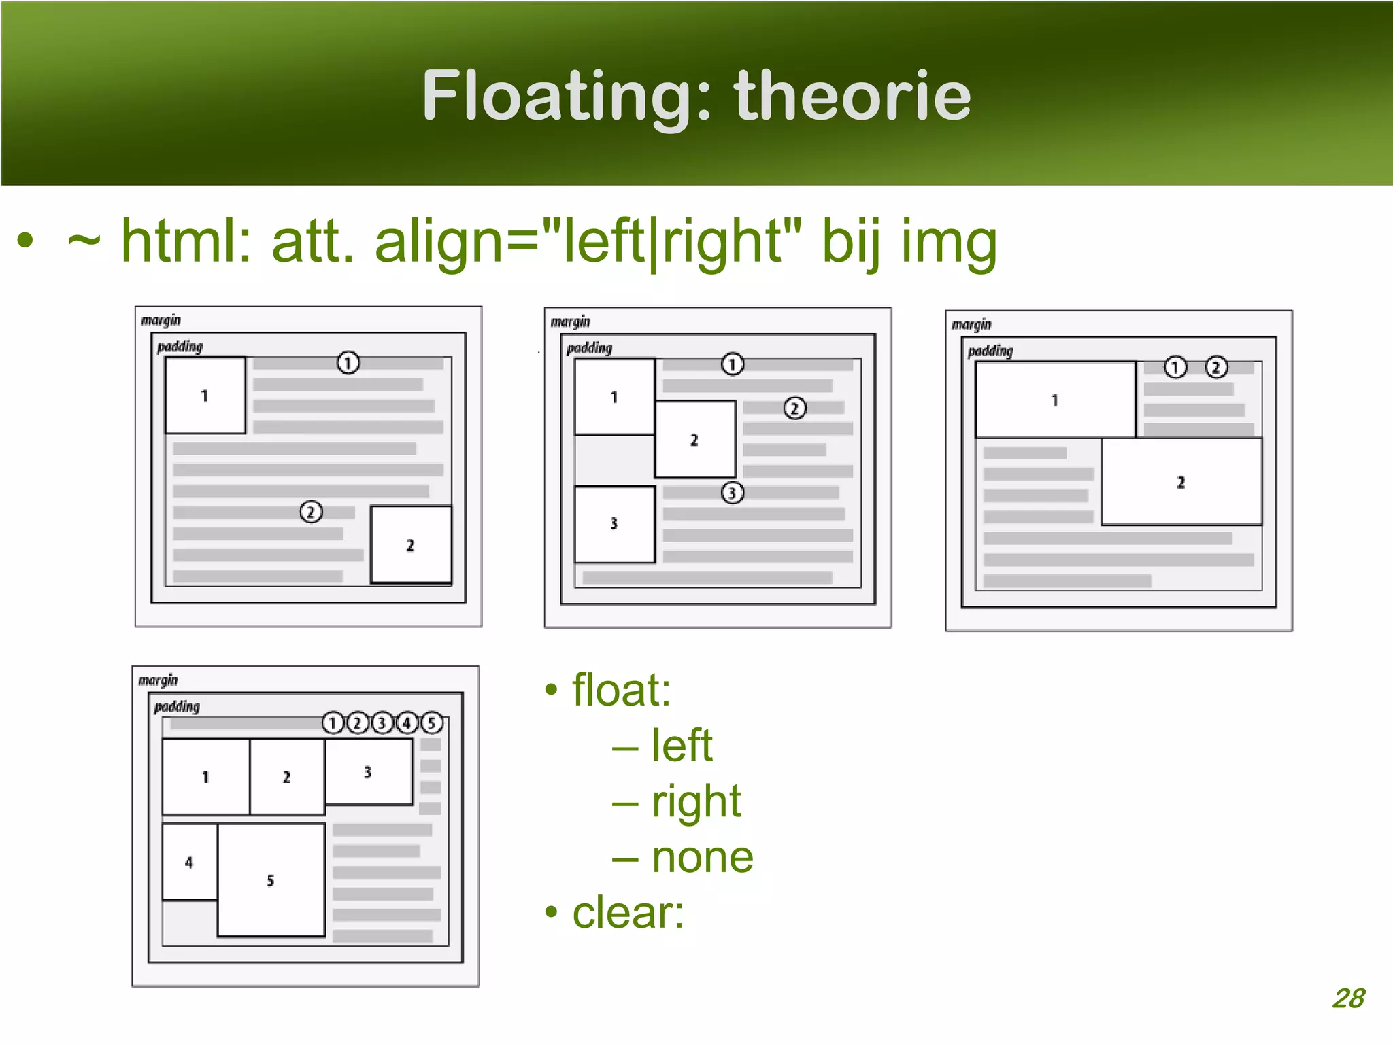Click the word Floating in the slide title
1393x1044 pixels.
[x=569, y=97]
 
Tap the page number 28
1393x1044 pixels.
[x=1348, y=998]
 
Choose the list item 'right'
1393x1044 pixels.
[x=695, y=801]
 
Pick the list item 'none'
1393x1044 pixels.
[x=702, y=857]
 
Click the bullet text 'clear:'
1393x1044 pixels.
[x=627, y=912]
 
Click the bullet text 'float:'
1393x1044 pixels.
[x=621, y=690]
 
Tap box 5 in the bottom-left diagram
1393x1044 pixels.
[x=271, y=880]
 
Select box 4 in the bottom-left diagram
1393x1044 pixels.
[x=189, y=863]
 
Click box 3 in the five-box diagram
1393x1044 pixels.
[x=368, y=772]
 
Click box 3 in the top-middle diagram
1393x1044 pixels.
[x=614, y=523]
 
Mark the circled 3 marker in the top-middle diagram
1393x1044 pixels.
[x=732, y=493]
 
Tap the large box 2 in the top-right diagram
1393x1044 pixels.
[x=1181, y=482]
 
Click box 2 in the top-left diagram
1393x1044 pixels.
[x=410, y=545]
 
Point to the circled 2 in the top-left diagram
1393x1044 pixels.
[x=311, y=512]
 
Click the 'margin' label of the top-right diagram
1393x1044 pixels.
[x=971, y=325]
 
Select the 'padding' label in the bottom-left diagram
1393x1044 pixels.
[x=177, y=707]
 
